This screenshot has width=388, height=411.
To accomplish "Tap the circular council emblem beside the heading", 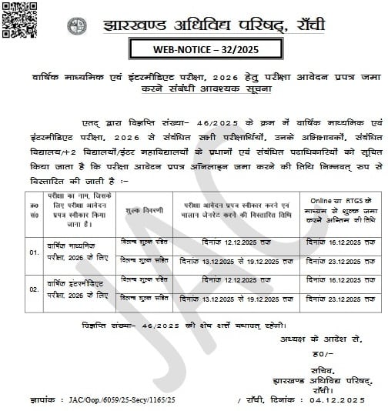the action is click(x=74, y=20).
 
